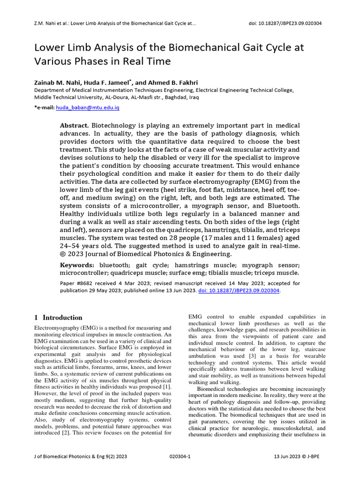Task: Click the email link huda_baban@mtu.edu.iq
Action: (x=88, y=107)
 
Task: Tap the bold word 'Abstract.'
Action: (x=74, y=126)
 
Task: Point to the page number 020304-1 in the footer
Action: (x=180, y=456)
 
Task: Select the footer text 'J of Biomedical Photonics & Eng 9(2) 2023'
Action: (x=81, y=456)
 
